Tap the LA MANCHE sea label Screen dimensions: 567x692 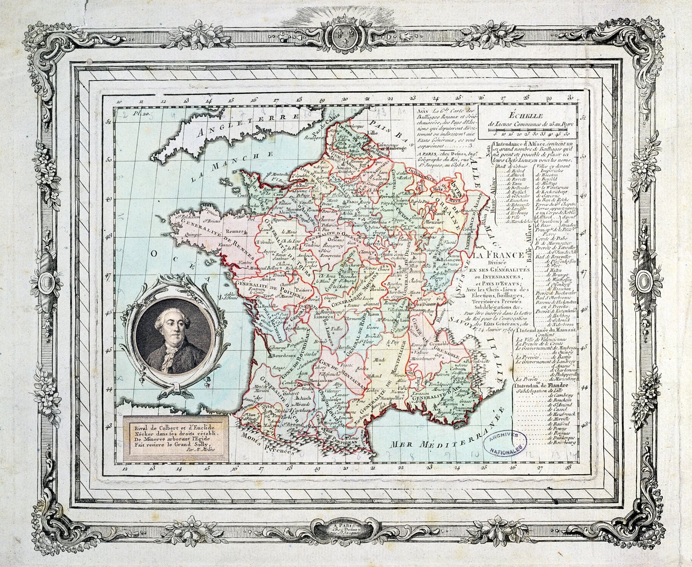click(216, 170)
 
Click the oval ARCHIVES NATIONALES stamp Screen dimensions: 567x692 click(504, 443)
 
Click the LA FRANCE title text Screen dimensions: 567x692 click(499, 255)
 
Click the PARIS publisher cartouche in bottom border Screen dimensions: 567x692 click(345, 530)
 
